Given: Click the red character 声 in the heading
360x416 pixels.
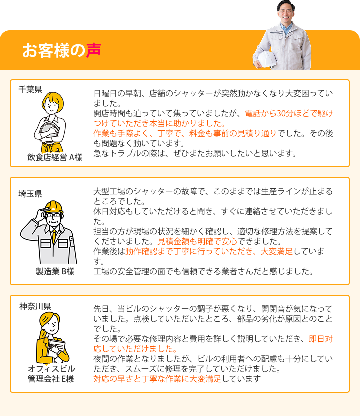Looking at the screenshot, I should coord(93,50).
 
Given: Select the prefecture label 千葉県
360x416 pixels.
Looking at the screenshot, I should coord(30,89).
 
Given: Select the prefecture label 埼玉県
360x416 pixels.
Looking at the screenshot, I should coord(30,194).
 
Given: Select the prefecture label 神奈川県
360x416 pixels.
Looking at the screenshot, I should coord(35,306).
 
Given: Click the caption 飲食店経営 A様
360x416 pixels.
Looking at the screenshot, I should coord(55,157).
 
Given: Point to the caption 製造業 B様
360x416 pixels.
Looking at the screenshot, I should coord(55,271).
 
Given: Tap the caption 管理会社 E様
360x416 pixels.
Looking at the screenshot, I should coord(51,379).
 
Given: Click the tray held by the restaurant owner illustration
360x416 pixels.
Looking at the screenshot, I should coord(48,131).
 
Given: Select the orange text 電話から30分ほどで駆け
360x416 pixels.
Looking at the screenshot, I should coord(289,113).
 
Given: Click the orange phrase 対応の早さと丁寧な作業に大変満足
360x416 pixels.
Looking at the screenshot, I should coord(157,379).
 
